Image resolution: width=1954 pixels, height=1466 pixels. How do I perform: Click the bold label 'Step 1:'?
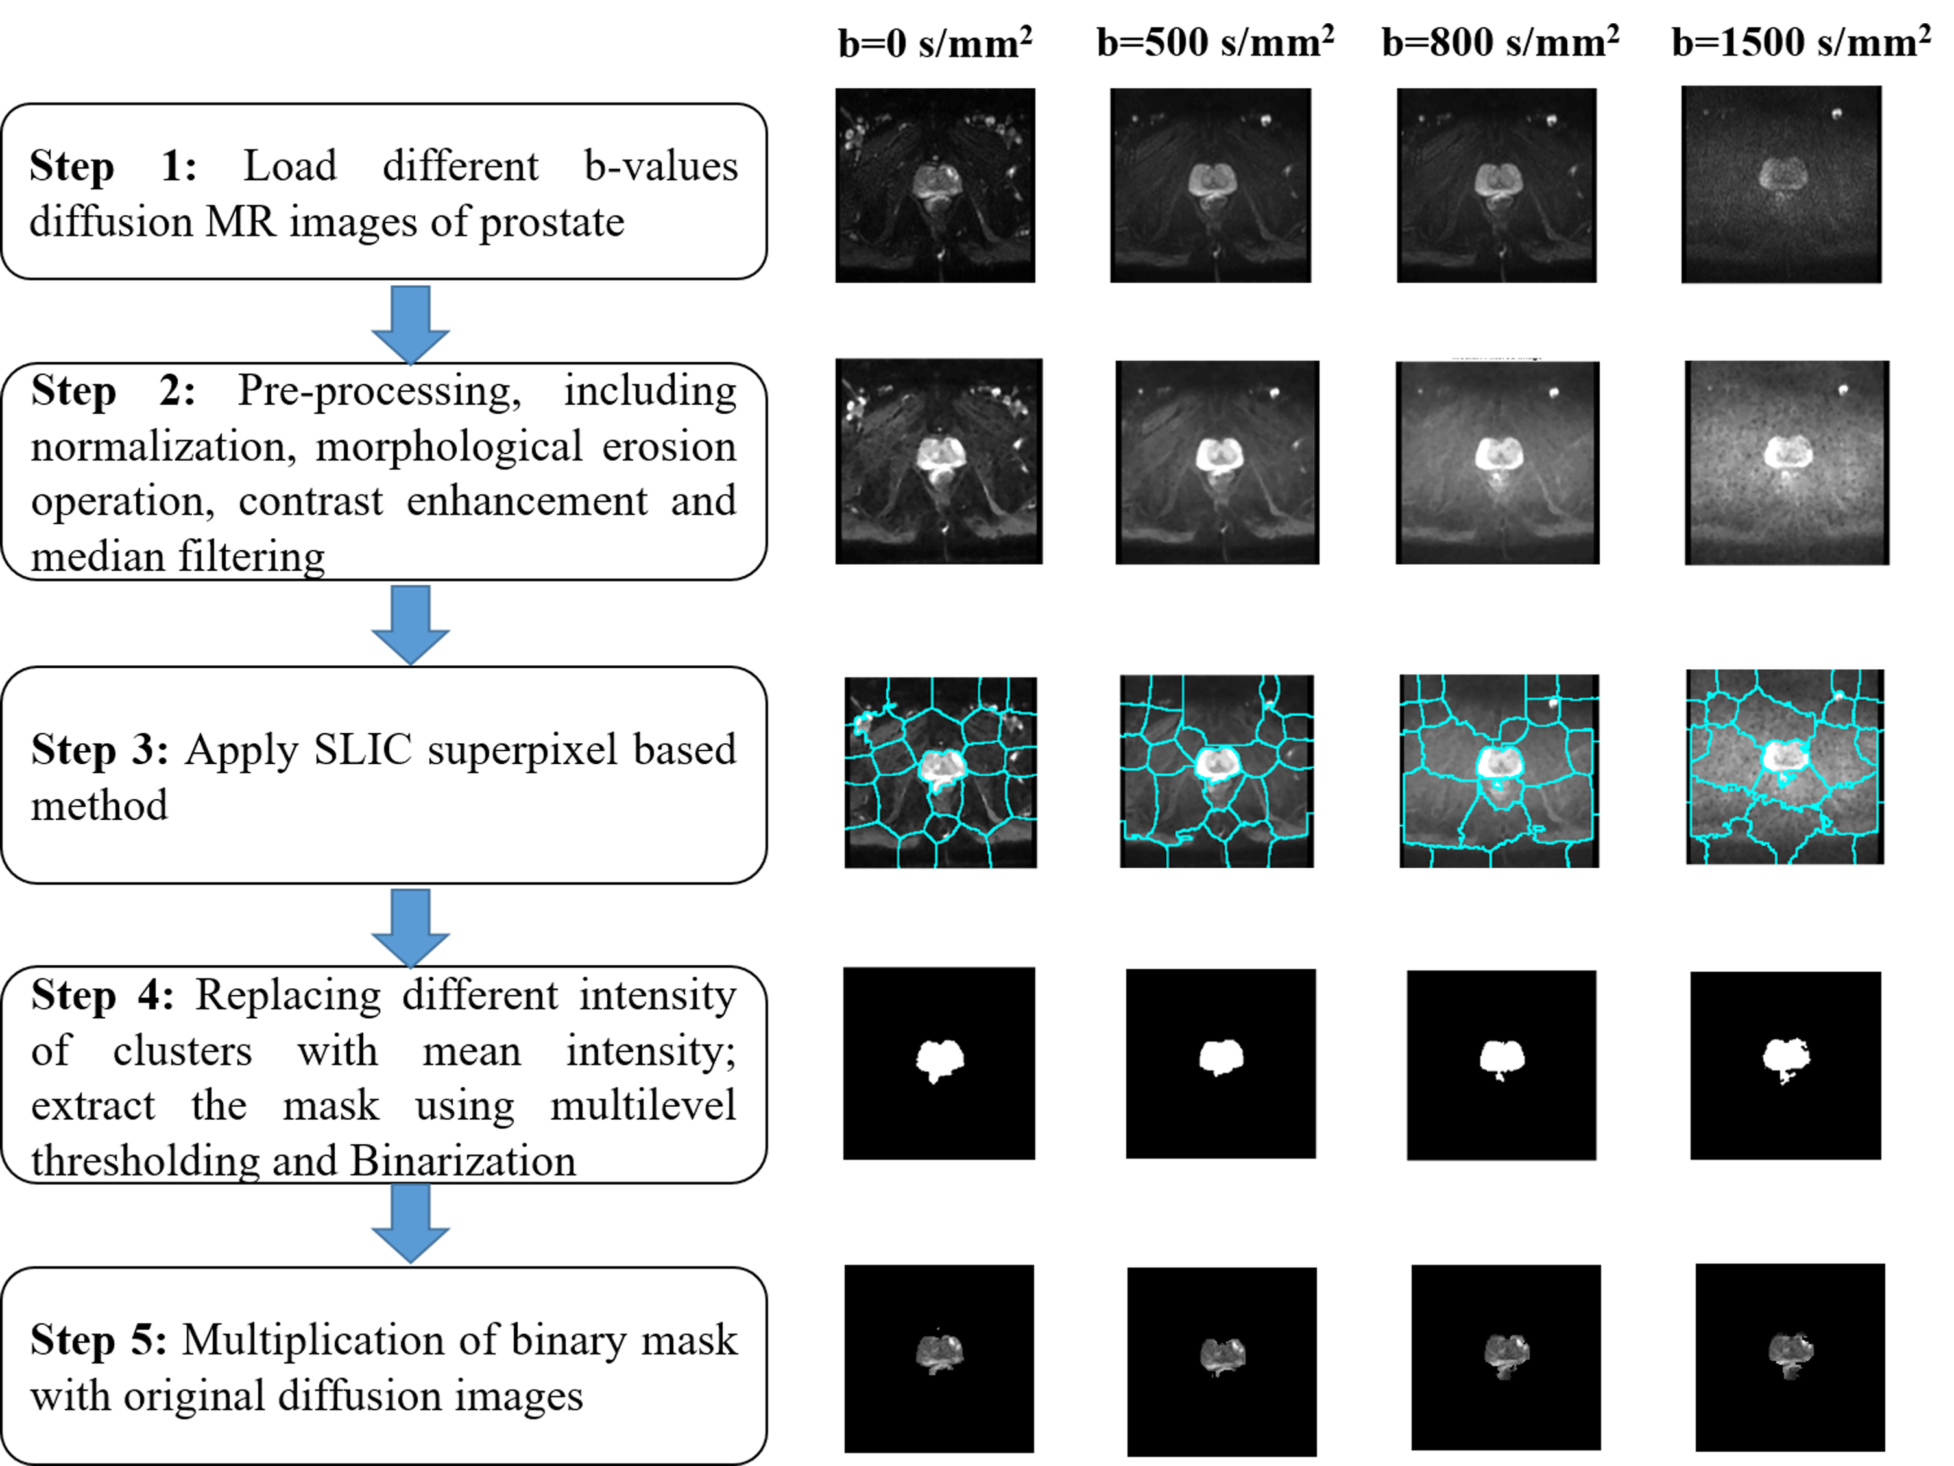pyautogui.click(x=113, y=166)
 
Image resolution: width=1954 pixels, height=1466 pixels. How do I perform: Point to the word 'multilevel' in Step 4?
pyautogui.click(x=642, y=1105)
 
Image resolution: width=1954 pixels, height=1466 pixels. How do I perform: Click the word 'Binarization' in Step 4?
pyautogui.click(x=463, y=1161)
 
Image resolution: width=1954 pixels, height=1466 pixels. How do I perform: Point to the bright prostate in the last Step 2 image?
pyautogui.click(x=1788, y=454)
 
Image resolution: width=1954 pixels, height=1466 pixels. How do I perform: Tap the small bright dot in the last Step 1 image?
pyautogui.click(x=1837, y=113)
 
